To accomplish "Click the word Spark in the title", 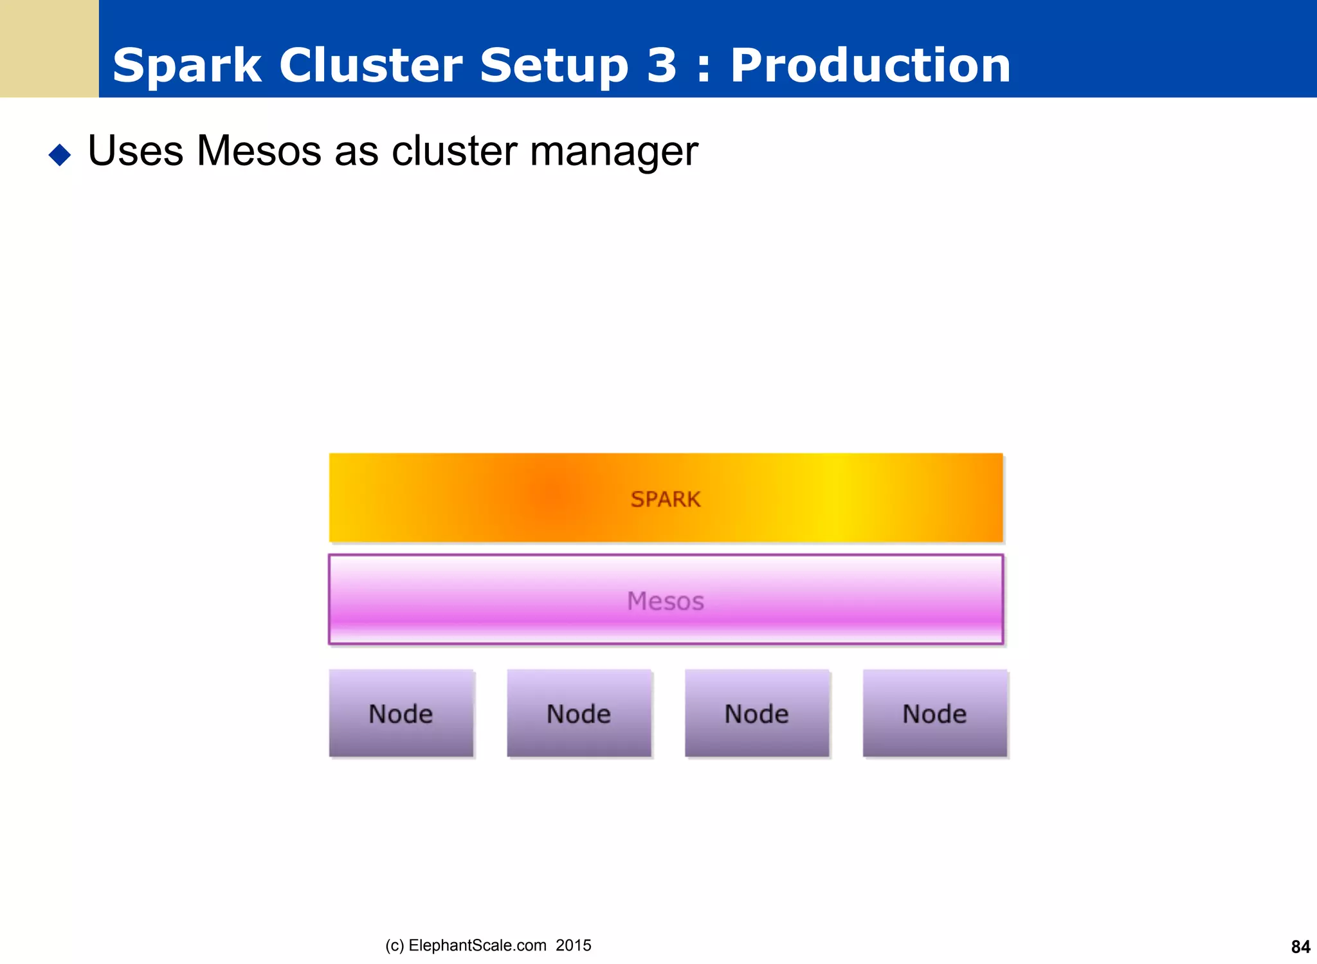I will (x=186, y=66).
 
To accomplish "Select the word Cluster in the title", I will (x=370, y=66).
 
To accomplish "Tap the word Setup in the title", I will (x=554, y=67).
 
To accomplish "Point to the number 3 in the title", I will (x=662, y=66).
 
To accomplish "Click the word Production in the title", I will (x=870, y=66).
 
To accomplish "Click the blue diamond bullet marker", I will (x=60, y=154).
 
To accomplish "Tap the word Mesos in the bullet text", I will (x=259, y=151).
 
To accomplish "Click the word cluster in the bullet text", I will (x=454, y=151).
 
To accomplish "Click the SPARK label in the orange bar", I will (x=666, y=499).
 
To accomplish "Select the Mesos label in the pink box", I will (x=666, y=601).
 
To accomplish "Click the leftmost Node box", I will (x=401, y=713).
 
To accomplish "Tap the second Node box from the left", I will (x=579, y=713).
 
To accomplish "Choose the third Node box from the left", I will (x=757, y=713).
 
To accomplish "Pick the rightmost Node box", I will (x=934, y=713).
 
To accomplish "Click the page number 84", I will (x=1300, y=947).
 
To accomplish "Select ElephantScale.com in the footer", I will (x=477, y=945).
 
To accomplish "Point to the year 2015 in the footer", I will (x=574, y=945).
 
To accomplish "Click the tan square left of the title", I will (x=49, y=48).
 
